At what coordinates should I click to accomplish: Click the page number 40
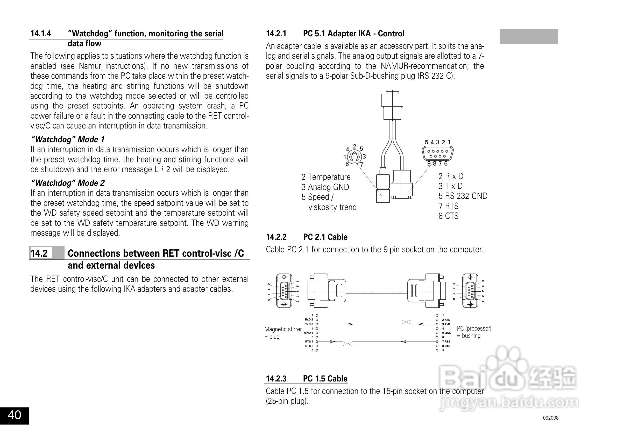[15, 415]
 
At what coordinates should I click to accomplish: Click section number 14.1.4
[41, 34]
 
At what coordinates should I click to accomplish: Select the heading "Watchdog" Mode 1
[67, 139]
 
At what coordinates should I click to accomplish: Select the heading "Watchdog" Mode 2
[67, 183]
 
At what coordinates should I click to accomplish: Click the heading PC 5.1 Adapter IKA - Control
[353, 34]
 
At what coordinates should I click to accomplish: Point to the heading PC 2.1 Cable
[325, 237]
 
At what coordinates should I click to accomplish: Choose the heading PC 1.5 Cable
[325, 379]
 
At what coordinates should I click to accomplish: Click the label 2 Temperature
[326, 177]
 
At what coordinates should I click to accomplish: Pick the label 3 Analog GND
[325, 187]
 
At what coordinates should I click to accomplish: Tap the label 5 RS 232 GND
[463, 196]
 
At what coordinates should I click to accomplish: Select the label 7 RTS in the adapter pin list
[448, 206]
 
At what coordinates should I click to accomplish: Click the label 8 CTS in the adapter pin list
[448, 216]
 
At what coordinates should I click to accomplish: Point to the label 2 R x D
[451, 176]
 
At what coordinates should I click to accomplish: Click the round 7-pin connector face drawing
[354, 157]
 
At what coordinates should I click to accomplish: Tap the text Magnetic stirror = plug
[283, 333]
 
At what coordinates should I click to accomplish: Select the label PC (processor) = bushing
[474, 332]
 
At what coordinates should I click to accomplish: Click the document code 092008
[551, 418]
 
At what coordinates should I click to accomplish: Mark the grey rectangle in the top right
[529, 37]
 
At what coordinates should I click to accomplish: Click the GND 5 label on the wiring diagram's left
[308, 333]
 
